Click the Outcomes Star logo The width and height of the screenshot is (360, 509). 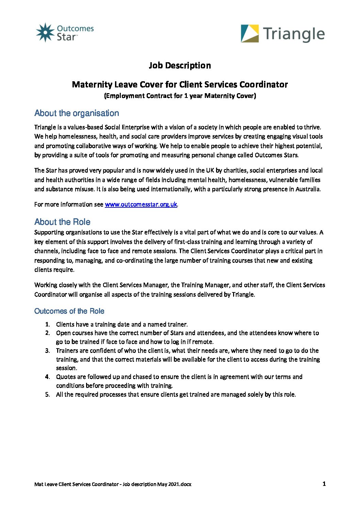point(65,33)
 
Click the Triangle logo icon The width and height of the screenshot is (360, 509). point(250,33)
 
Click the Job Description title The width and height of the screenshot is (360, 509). point(180,65)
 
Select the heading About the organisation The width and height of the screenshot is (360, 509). point(77,113)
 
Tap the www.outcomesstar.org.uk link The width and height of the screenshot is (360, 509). point(141,204)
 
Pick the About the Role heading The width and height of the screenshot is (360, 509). point(62,222)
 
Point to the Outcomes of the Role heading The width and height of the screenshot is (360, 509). point(69,311)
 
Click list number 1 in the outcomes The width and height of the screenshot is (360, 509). point(48,324)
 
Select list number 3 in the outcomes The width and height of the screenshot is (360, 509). point(48,351)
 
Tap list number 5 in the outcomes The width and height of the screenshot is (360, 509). point(48,394)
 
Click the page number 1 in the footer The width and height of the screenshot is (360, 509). point(324,484)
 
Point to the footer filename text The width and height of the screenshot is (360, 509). point(113,484)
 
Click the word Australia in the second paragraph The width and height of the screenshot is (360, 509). point(307,189)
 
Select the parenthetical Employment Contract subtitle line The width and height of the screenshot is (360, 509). point(180,96)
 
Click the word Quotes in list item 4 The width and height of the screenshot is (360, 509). point(66,377)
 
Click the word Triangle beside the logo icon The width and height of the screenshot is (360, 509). point(294,34)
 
